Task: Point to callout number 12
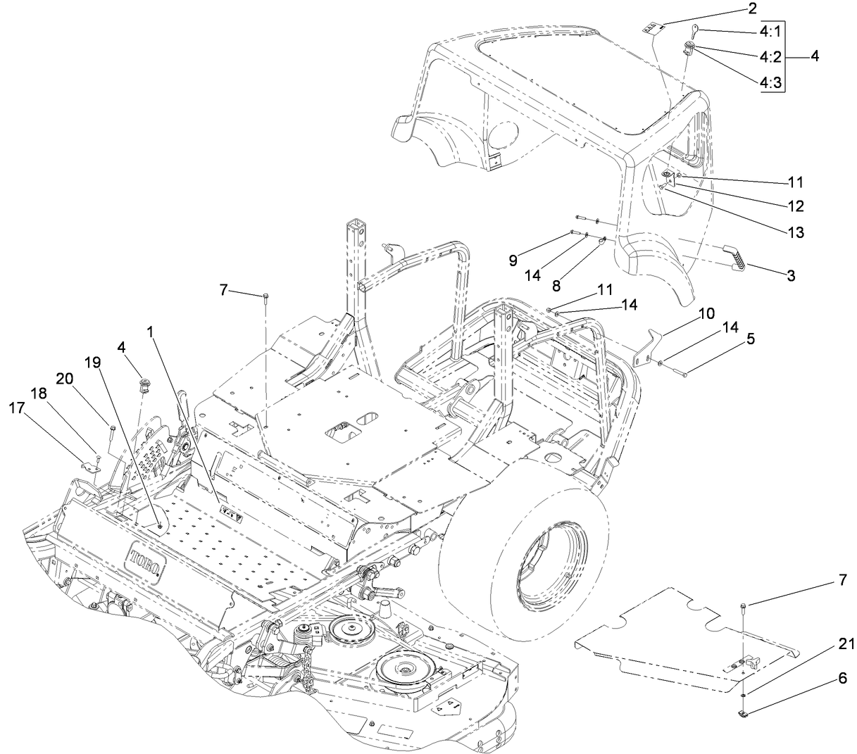click(x=796, y=206)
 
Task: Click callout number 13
click(x=796, y=232)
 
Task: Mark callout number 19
click(x=92, y=363)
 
